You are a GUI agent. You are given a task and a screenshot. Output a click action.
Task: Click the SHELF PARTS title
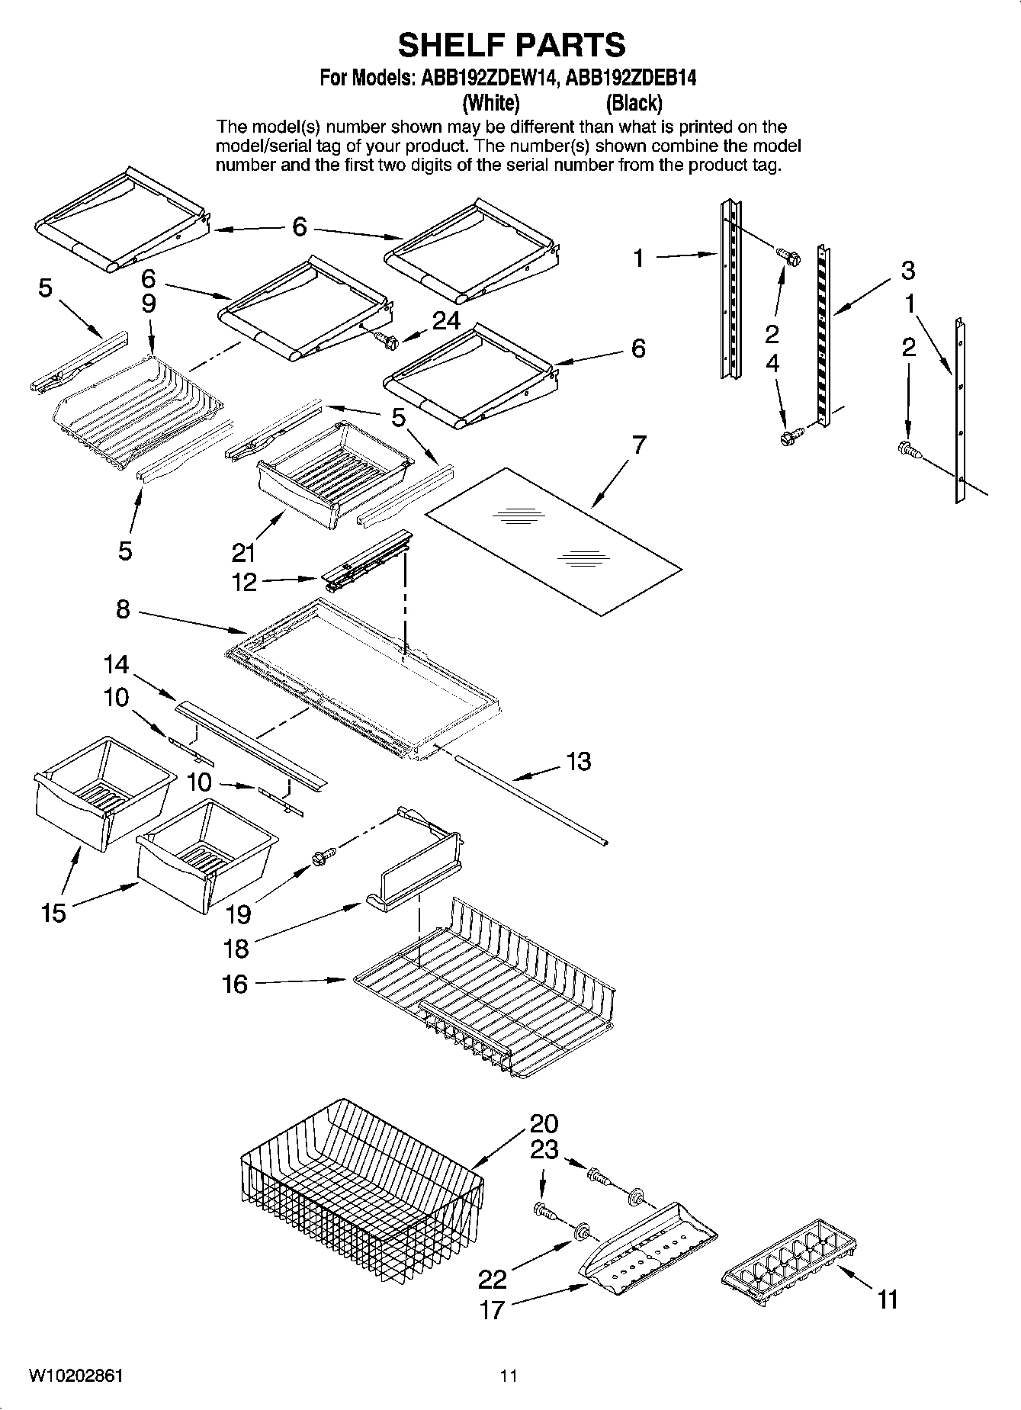511,46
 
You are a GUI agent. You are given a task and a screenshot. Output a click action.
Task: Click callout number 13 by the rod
579,761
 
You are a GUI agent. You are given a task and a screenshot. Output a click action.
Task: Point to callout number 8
123,609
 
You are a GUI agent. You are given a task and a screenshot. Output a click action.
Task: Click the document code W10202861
76,1376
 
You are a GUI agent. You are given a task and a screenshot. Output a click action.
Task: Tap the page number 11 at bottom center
509,1376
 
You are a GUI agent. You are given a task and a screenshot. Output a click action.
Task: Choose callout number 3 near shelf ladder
907,270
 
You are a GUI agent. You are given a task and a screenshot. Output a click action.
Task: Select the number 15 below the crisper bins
53,913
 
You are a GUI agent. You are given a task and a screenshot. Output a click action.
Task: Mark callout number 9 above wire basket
149,304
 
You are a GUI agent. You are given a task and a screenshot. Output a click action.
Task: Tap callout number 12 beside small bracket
244,582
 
